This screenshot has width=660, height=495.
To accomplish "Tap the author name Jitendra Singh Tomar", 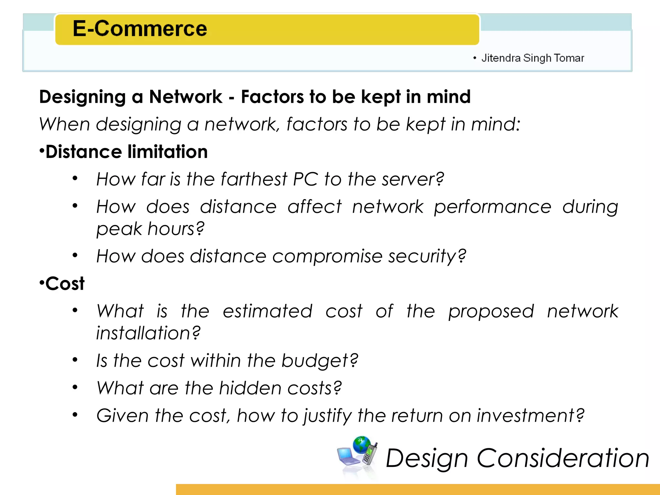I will click(x=532, y=58).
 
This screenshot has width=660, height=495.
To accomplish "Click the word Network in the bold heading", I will click(x=186, y=97).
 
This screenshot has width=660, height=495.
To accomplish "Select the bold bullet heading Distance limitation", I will click(x=126, y=152).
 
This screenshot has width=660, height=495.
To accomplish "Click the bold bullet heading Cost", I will click(x=64, y=284).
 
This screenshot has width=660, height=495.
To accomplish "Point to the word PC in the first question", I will click(x=305, y=179).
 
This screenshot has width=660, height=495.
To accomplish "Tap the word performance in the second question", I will click(x=492, y=207).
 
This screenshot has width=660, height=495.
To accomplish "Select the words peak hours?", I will click(x=150, y=229).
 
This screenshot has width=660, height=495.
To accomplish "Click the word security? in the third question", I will click(x=427, y=257).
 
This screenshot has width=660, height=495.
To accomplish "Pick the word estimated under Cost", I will click(x=267, y=311).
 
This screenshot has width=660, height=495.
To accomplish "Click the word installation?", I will click(x=148, y=333).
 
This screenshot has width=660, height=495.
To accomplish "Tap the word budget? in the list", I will click(x=319, y=361).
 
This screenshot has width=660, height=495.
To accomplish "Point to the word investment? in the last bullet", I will click(x=530, y=415).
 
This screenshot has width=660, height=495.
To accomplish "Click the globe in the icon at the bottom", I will click(x=362, y=445).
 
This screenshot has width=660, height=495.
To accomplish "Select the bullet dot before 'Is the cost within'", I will click(x=75, y=360).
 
